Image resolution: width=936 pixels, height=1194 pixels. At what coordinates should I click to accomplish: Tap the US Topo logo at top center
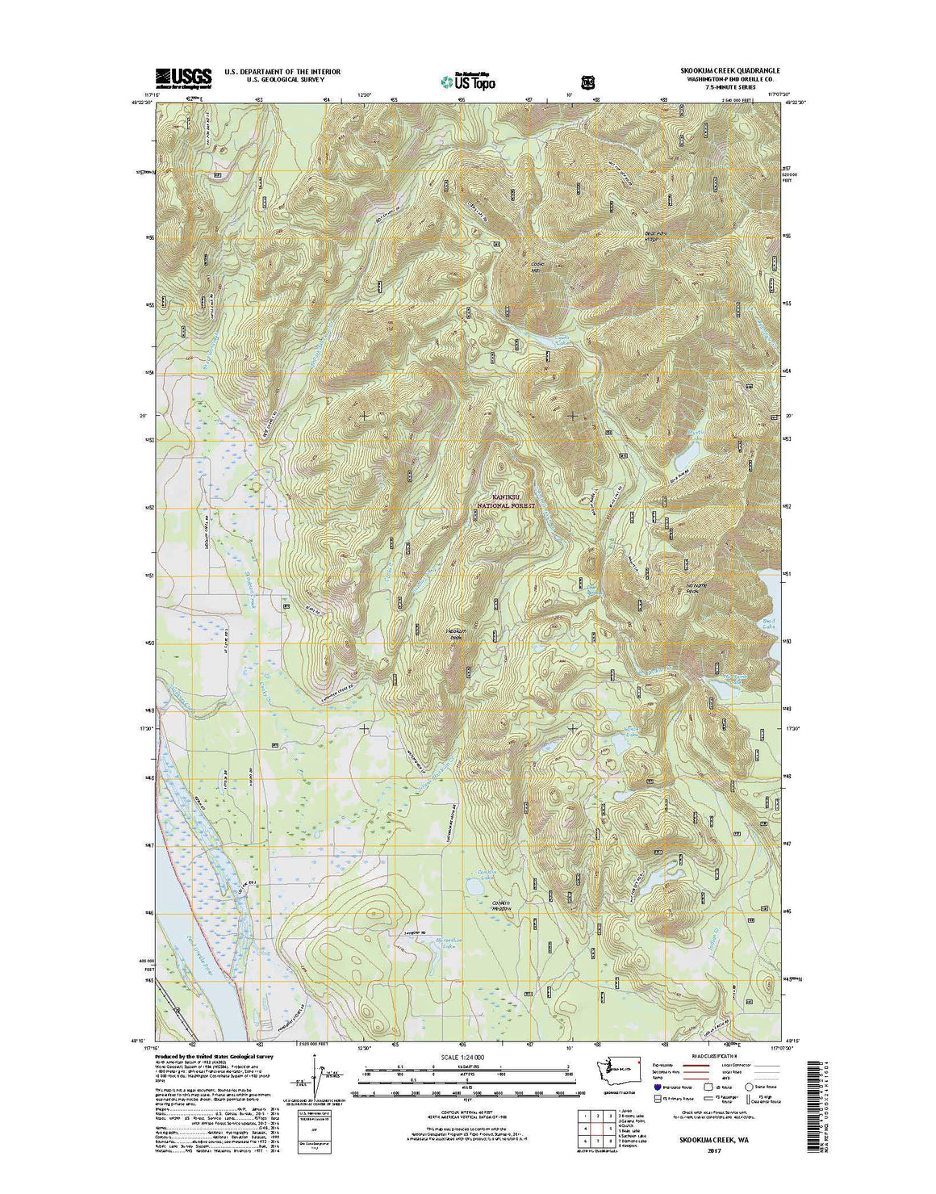click(467, 80)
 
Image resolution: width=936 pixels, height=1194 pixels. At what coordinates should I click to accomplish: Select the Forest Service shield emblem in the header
click(587, 82)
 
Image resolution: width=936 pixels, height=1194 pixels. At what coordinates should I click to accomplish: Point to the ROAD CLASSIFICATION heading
click(714, 1055)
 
